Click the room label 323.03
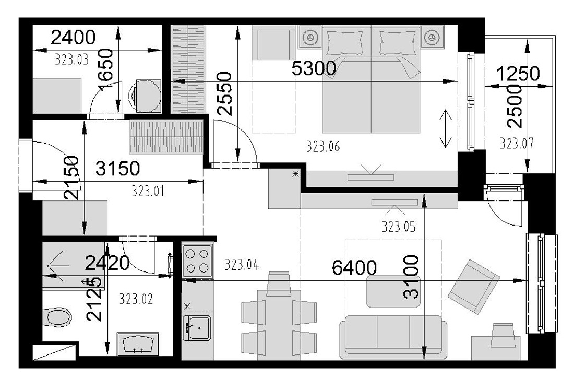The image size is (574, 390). pos(72,59)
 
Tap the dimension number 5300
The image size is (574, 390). pos(314,68)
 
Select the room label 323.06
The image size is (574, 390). pos(323,147)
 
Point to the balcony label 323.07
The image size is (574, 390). pos(517,143)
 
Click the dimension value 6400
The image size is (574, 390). pos(354,268)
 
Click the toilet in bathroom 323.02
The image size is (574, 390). pos(57,317)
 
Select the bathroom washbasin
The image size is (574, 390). pos(138,344)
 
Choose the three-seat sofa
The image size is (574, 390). pos(393,337)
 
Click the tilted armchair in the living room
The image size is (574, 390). pos(473,287)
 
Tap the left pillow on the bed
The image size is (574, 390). pos(345,42)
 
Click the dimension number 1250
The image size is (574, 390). pos(518,74)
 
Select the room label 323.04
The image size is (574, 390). pos(242,264)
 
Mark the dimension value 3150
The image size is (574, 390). pos(117,169)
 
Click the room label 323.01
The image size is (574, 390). pos(148,191)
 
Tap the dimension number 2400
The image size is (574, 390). pos(73,38)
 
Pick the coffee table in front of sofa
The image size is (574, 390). pos(393,291)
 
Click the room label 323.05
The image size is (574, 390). pos(399,227)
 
